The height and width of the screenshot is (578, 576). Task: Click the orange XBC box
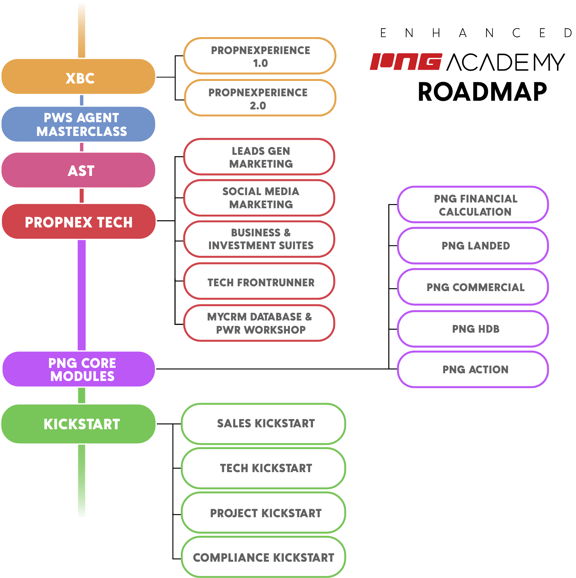point(79,77)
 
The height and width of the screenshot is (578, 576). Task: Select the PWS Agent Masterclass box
point(79,124)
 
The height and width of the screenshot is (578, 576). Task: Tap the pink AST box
point(79,170)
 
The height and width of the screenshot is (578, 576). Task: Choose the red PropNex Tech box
point(79,222)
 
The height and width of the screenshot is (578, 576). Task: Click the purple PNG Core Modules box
point(79,369)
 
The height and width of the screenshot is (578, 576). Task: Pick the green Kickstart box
point(79,424)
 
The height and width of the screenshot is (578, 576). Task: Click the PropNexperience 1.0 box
point(260,56)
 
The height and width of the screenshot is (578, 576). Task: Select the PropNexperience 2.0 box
point(260,98)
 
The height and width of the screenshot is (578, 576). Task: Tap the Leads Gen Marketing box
point(259,157)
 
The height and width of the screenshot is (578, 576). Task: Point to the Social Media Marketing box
point(259,198)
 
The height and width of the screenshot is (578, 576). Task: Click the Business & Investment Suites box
point(259,239)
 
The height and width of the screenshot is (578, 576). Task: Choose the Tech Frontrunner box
point(259,282)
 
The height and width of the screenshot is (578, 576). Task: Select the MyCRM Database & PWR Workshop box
point(259,323)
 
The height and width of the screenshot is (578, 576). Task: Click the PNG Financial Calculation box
point(473,205)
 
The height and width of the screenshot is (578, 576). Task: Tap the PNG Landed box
point(473,246)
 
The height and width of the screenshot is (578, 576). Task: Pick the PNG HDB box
point(473,329)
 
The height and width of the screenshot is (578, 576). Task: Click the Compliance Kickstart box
point(263,557)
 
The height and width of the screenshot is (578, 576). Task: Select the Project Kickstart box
point(263,513)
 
